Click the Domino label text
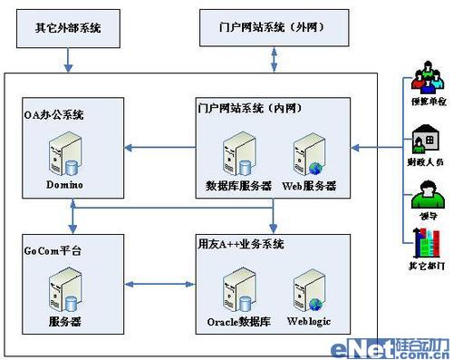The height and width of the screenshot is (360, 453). click(64, 184)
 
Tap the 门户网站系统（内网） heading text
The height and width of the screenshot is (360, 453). click(249, 107)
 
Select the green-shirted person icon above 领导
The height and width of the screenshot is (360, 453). click(419, 196)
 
